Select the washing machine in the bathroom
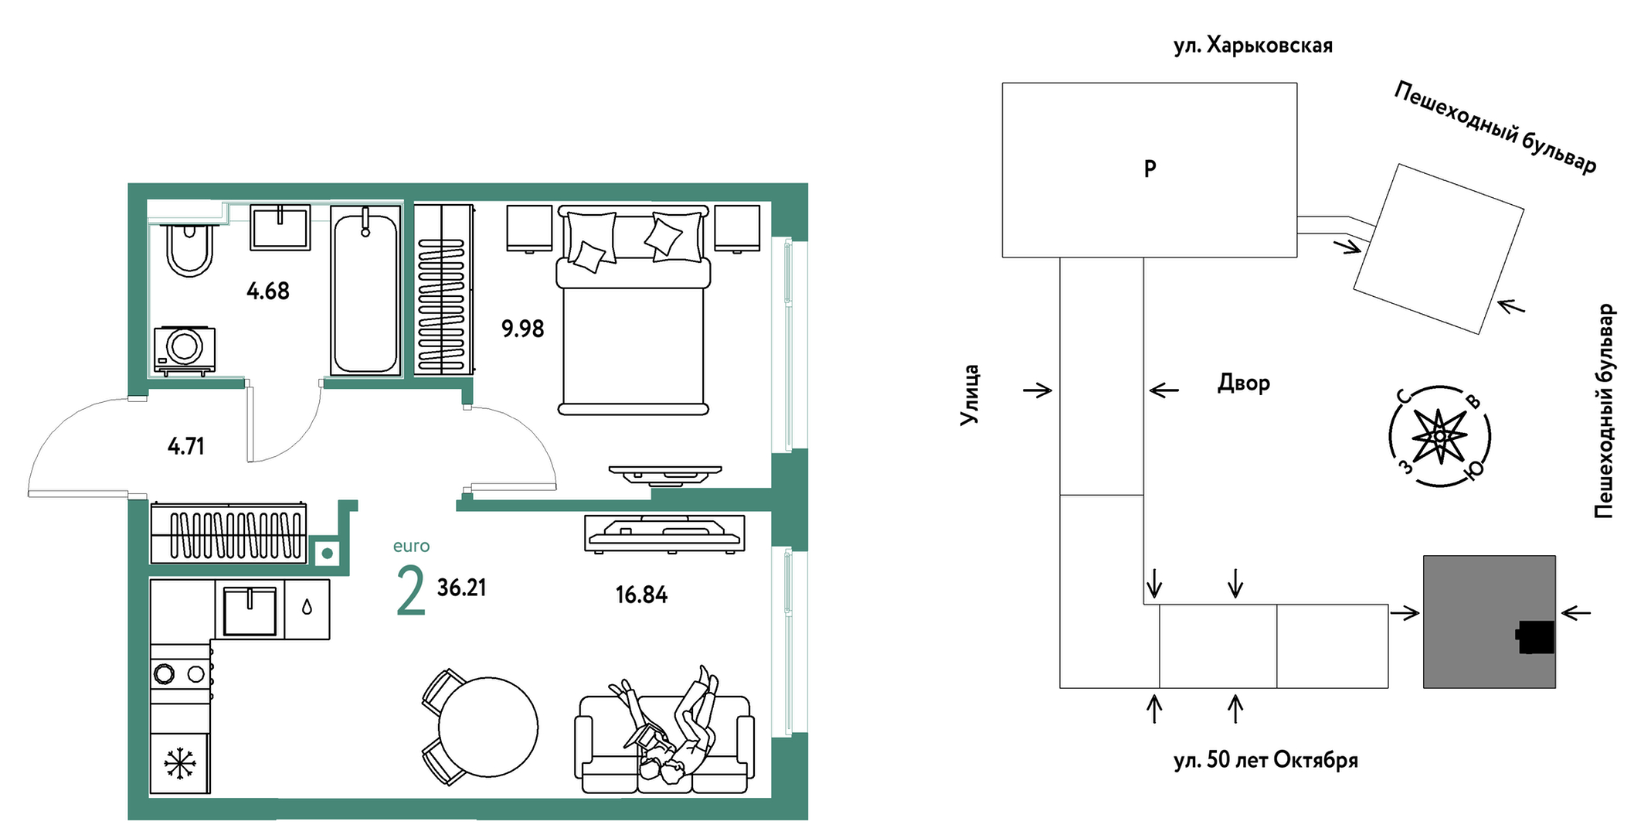[x=184, y=348]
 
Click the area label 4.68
[x=268, y=291]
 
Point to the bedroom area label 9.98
[x=523, y=329]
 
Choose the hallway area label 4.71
[x=186, y=446]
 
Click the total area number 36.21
[x=462, y=588]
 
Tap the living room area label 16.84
[x=641, y=595]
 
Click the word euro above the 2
[x=411, y=546]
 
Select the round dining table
[x=487, y=727]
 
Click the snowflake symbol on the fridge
[x=180, y=764]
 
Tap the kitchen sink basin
[x=250, y=611]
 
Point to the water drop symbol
[x=307, y=608]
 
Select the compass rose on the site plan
[x=1439, y=437]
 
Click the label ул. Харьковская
[x=1253, y=46]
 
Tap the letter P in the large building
[x=1150, y=169]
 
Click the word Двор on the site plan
[x=1244, y=383]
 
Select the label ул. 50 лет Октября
[x=1265, y=760]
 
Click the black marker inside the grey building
[x=1535, y=637]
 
